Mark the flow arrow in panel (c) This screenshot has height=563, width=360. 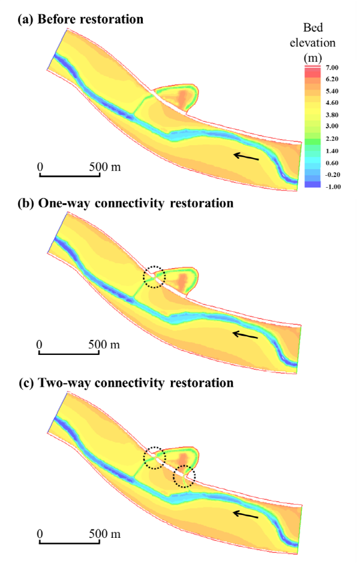point(246,514)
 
